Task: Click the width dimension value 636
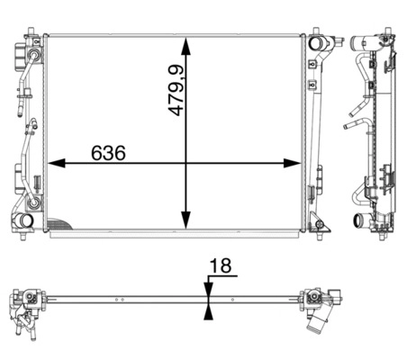click(x=108, y=153)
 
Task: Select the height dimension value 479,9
click(x=176, y=90)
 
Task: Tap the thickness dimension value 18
click(x=221, y=265)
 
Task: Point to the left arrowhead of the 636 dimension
click(x=57, y=163)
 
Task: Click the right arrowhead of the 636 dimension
click(x=292, y=163)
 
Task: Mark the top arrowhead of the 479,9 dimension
click(x=186, y=46)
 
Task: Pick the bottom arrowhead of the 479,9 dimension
click(x=186, y=220)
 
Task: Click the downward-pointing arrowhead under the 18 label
click(x=208, y=289)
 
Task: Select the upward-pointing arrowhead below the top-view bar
click(x=208, y=312)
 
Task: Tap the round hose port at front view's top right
click(x=316, y=43)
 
